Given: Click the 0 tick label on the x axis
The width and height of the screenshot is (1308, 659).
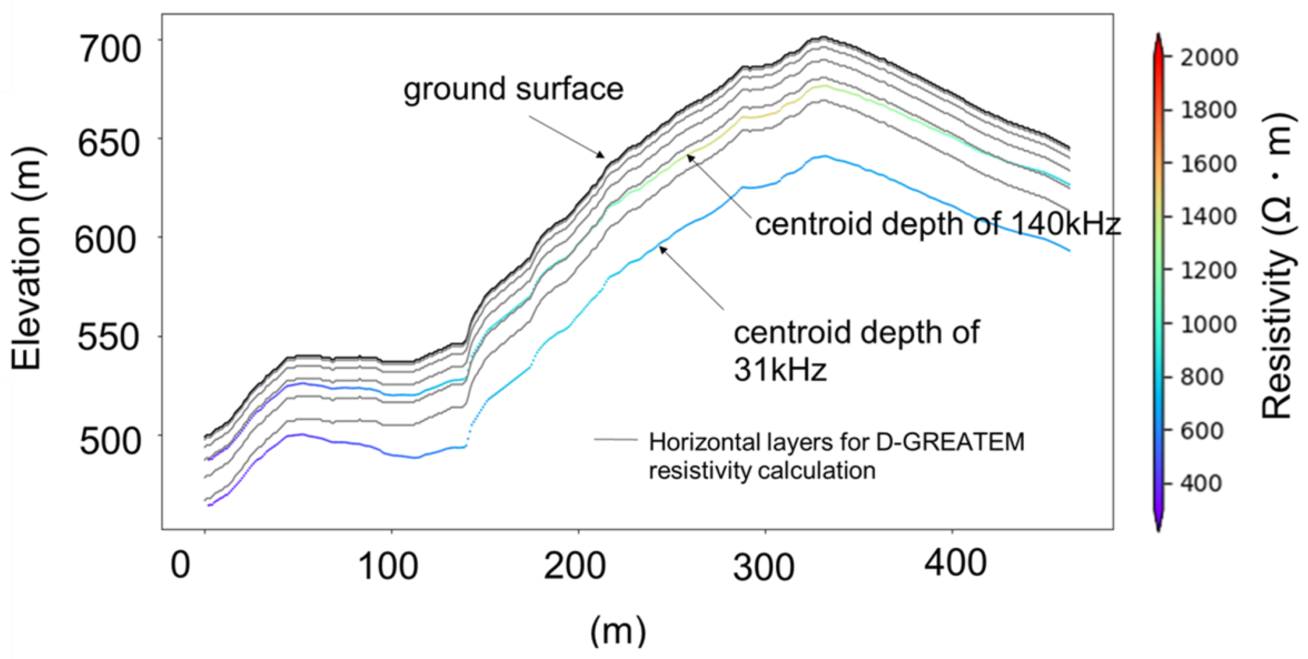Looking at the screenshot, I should [x=180, y=565].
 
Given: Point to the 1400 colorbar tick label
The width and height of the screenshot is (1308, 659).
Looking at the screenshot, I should [x=1208, y=216].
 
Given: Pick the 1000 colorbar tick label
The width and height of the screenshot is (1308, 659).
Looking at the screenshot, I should [x=1208, y=324].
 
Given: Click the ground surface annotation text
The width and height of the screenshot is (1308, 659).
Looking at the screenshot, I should [x=513, y=89].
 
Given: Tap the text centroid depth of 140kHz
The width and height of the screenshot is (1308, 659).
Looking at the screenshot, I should [x=937, y=224].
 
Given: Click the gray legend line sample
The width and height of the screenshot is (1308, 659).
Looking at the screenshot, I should [x=615, y=440].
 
